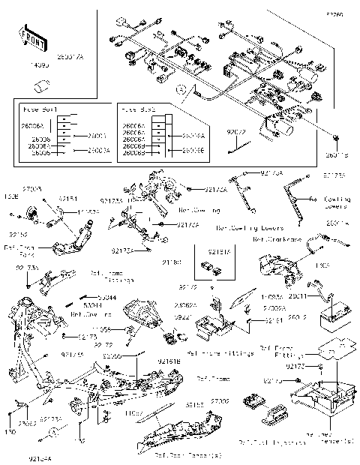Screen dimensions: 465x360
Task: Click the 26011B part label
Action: click(x=337, y=156)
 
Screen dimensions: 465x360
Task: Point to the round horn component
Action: click(x=32, y=213)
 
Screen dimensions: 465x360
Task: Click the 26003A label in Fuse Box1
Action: click(x=97, y=151)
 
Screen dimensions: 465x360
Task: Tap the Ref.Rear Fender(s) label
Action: click(x=178, y=455)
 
